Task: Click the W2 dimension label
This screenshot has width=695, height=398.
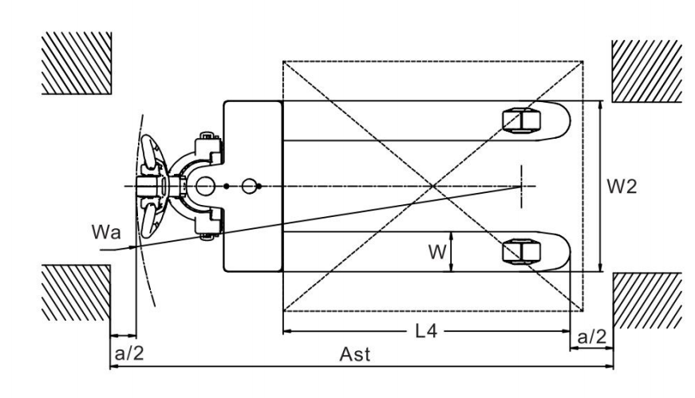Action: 622,187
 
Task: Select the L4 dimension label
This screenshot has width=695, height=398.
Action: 426,331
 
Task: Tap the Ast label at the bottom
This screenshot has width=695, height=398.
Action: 354,355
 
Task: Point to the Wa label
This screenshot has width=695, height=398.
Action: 106,232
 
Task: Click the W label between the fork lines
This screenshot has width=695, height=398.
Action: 437,252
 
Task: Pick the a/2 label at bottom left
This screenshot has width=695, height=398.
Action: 129,353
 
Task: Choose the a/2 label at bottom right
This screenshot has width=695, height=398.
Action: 592,337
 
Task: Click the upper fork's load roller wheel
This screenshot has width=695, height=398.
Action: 521,120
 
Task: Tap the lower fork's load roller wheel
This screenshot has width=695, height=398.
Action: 521,251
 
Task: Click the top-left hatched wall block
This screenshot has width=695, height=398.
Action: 77,63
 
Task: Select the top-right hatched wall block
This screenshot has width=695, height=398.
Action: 646,71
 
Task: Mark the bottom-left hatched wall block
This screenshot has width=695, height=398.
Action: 76,293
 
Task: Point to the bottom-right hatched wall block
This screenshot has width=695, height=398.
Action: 647,301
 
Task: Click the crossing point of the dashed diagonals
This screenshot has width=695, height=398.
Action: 433,186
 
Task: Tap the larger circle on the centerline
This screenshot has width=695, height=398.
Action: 205,186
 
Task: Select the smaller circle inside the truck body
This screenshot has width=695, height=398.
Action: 249,186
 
